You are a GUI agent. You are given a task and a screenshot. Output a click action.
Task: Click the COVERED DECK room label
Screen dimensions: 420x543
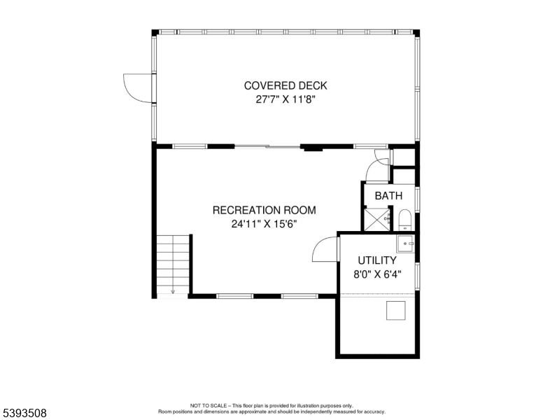click(x=285, y=86)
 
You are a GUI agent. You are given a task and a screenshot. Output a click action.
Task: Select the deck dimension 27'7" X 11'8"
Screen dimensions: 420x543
click(x=285, y=100)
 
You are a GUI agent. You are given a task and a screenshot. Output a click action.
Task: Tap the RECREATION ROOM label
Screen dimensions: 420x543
click(x=264, y=210)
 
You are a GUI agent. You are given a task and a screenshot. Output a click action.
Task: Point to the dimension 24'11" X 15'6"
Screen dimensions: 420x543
click(x=264, y=225)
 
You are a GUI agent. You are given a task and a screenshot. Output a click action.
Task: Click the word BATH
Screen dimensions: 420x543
click(x=388, y=196)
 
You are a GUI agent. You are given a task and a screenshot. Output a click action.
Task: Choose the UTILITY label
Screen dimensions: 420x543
click(x=377, y=260)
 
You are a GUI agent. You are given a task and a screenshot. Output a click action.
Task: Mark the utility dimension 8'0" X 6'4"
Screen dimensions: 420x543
click(x=377, y=275)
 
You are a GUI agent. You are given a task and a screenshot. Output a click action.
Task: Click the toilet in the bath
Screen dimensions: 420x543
click(x=404, y=220)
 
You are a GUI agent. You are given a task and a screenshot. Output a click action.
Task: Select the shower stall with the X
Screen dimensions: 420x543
click(x=379, y=220)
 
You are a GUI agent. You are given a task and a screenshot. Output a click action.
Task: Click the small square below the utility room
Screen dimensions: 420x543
click(x=395, y=309)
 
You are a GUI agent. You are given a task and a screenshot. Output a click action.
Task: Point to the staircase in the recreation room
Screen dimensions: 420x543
click(x=173, y=262)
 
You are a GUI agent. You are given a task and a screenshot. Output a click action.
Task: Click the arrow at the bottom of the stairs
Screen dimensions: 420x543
click(x=173, y=290)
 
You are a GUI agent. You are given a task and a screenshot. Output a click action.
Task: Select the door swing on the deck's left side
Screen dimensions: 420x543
click(x=137, y=88)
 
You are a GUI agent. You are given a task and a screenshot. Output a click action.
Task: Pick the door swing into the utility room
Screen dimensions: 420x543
click(x=326, y=248)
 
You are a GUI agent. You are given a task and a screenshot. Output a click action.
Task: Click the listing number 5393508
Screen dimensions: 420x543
click(x=24, y=413)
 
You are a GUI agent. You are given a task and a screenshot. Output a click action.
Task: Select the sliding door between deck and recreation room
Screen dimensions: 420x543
click(x=268, y=146)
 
